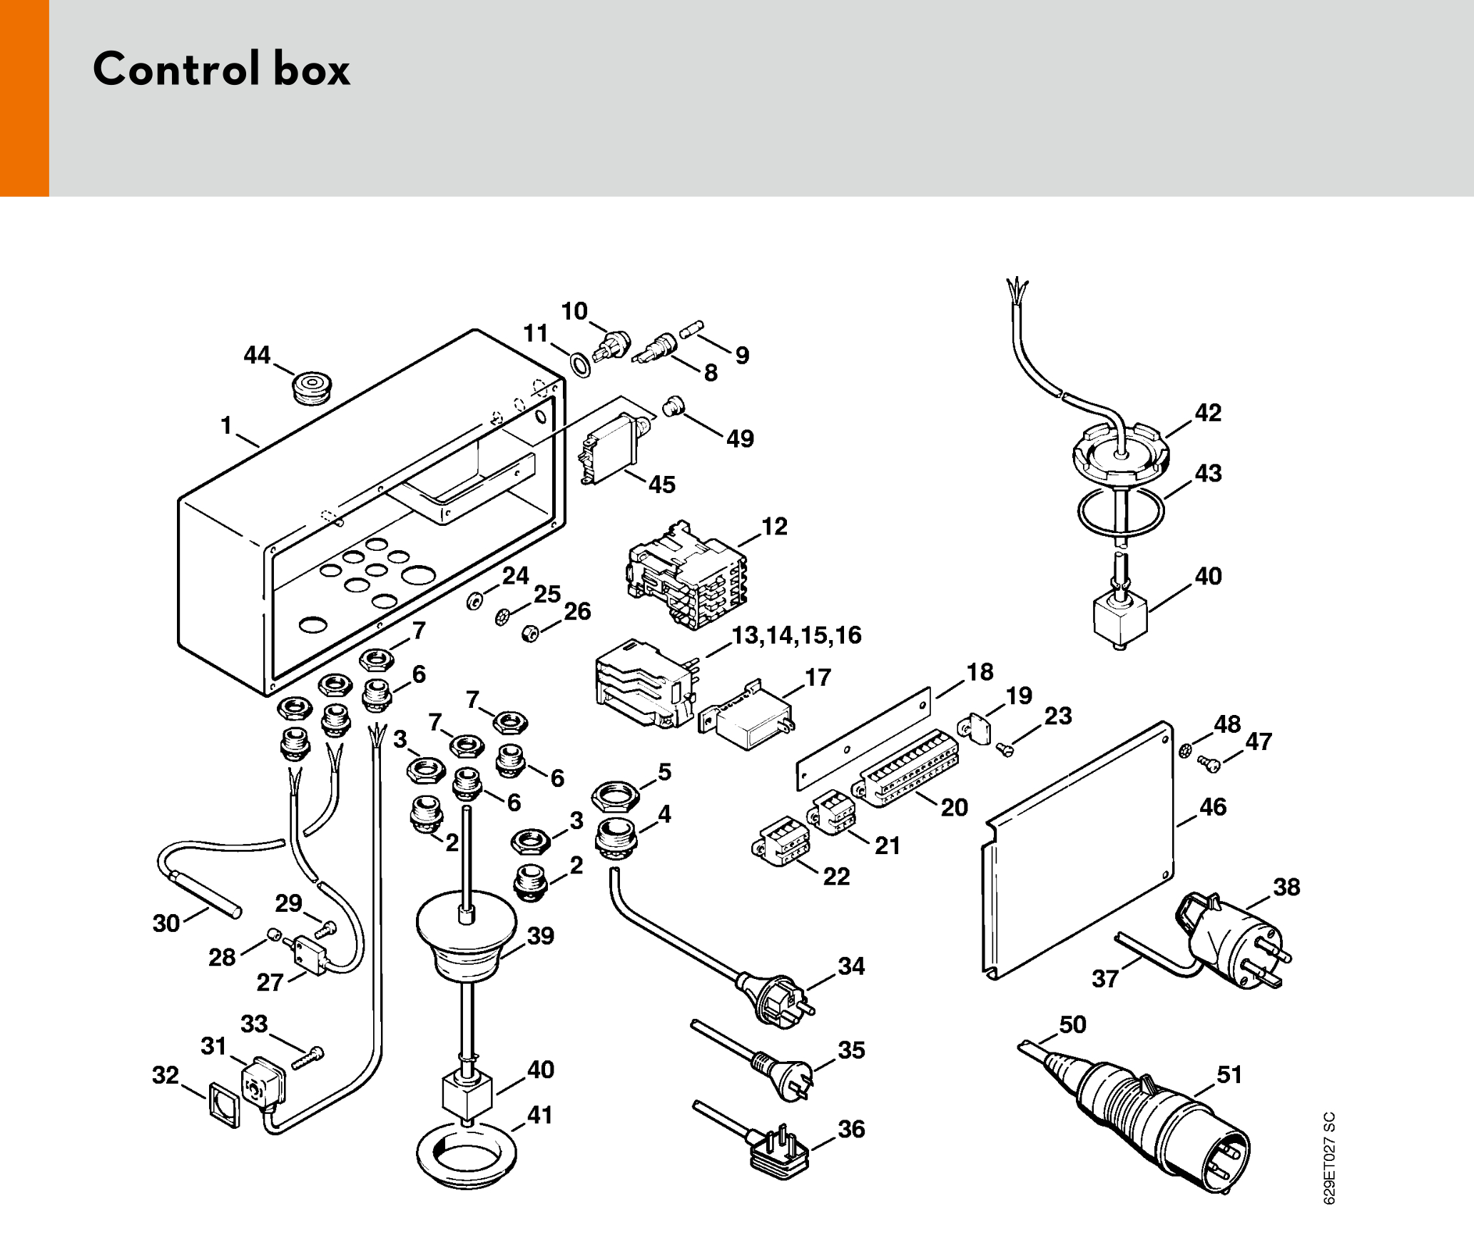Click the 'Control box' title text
221,69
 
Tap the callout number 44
257,355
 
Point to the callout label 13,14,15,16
797,635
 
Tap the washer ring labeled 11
581,365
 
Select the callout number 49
740,438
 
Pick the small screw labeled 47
1210,763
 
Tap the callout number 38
1286,887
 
